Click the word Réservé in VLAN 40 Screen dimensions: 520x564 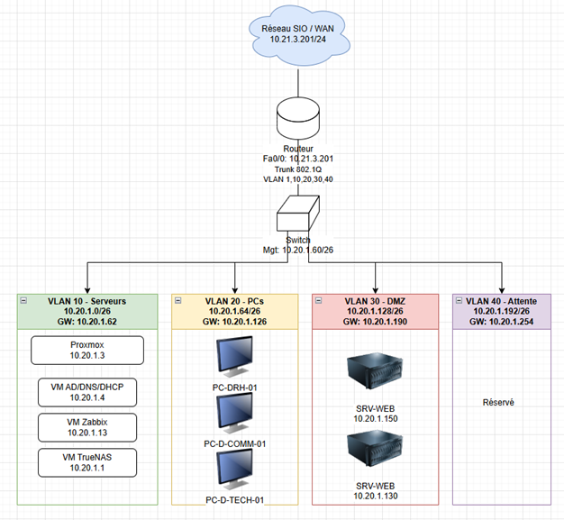click(497, 403)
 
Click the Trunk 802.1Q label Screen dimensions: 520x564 click(296, 169)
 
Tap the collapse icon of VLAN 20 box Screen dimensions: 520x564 click(179, 301)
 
